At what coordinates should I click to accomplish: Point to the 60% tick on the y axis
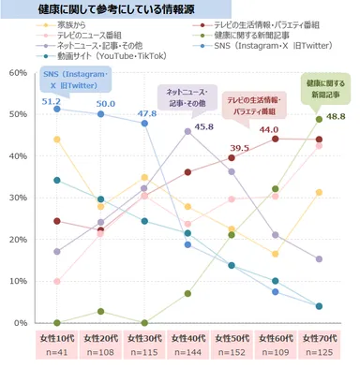click(x=16, y=73)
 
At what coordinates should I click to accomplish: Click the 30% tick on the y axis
click(x=16, y=198)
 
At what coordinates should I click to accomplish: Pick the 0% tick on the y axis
click(x=20, y=322)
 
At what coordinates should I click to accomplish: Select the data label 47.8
click(x=147, y=114)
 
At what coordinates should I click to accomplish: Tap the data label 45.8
click(x=203, y=125)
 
